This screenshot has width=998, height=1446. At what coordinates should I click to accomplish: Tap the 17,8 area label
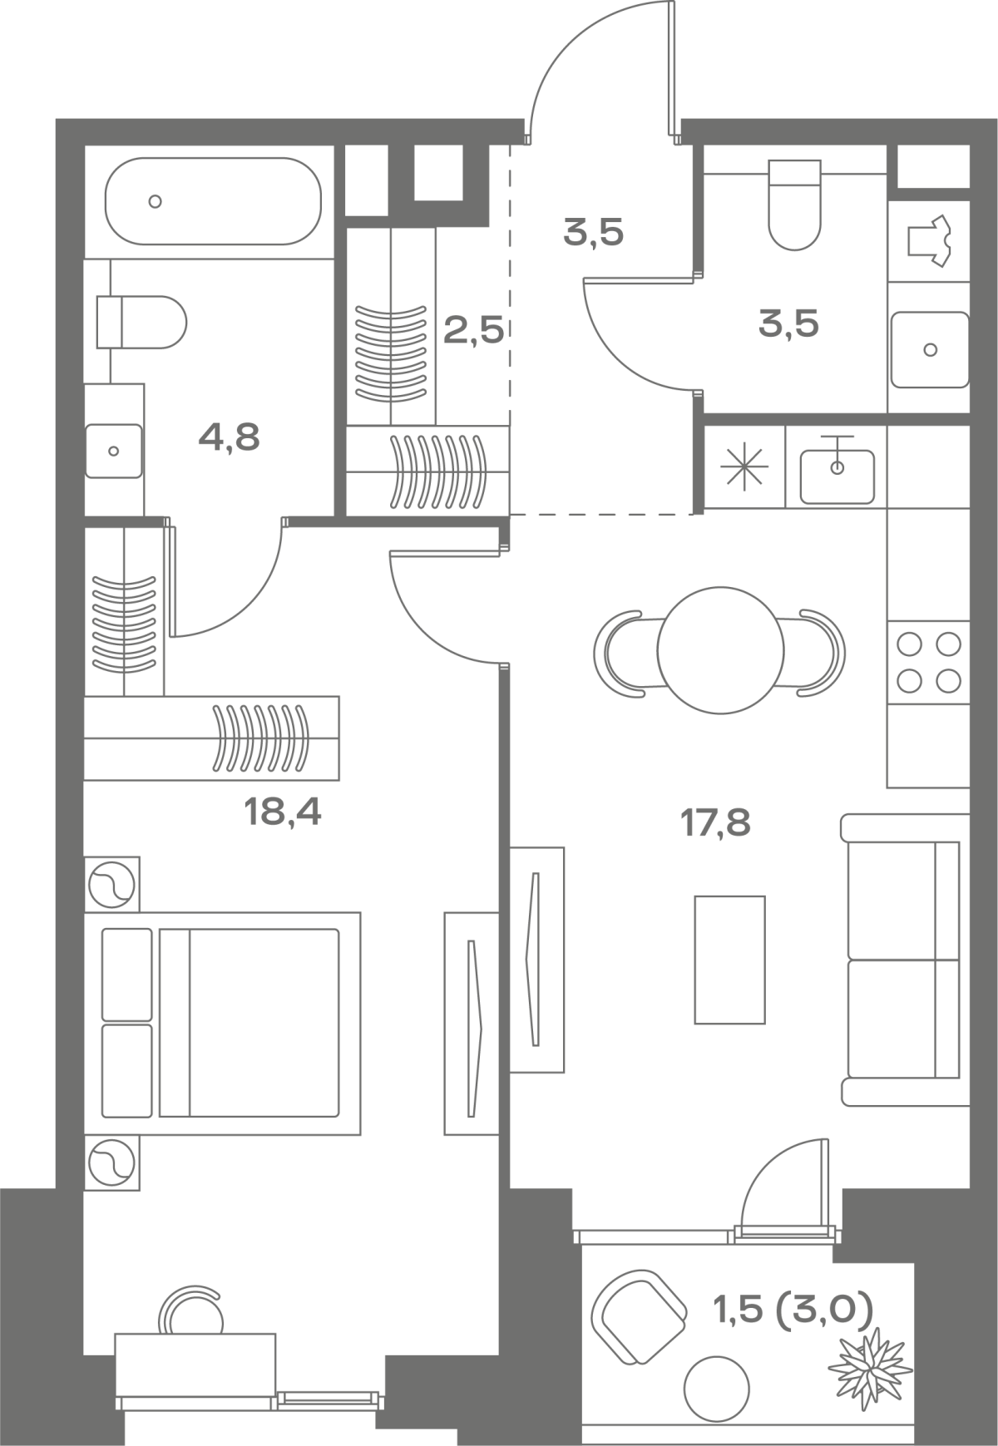(x=715, y=824)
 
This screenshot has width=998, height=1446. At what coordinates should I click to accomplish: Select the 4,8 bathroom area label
(x=229, y=437)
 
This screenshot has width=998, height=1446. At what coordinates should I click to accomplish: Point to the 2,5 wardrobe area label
(x=473, y=331)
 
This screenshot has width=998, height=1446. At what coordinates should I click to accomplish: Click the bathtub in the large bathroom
(x=213, y=201)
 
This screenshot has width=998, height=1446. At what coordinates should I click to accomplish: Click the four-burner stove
(x=929, y=663)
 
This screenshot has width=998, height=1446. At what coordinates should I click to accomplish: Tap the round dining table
(x=720, y=650)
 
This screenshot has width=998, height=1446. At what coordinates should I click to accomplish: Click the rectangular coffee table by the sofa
(x=729, y=960)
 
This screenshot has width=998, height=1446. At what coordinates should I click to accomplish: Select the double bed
(x=222, y=1023)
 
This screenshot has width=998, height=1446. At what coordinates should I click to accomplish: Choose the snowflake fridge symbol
(x=744, y=468)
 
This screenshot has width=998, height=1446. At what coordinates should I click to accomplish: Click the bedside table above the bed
(x=111, y=884)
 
